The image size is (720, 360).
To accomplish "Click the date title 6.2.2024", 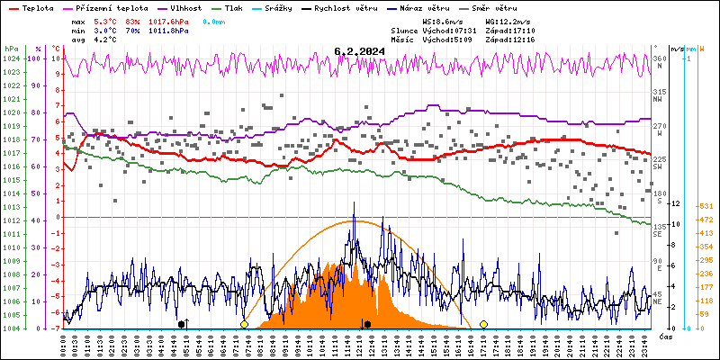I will (359, 51).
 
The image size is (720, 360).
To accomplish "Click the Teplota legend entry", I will (36, 7).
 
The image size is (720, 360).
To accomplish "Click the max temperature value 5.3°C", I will (106, 21).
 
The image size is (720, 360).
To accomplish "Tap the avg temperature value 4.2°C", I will (106, 39).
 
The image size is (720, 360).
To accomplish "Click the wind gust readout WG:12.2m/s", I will (508, 21).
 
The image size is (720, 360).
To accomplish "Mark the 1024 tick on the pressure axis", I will (11, 58).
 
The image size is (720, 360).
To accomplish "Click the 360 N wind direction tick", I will (659, 62).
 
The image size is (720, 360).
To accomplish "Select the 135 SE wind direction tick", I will (659, 229).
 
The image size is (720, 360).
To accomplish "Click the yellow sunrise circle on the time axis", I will (244, 324).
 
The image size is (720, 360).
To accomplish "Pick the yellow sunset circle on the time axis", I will (484, 324).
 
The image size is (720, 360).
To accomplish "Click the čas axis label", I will (666, 336).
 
